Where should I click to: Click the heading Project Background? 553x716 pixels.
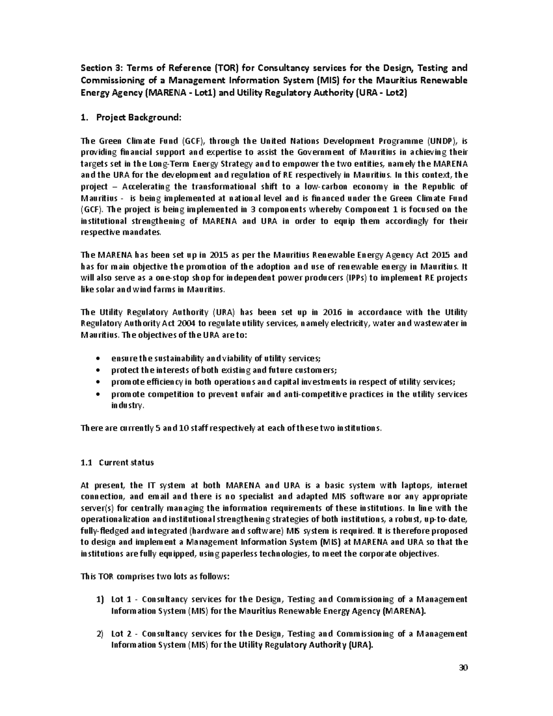pos(138,118)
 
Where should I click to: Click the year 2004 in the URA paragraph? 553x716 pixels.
pos(171,324)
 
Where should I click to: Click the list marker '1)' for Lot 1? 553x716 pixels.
pos(100,600)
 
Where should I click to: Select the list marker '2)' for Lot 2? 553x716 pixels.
pos(100,634)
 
